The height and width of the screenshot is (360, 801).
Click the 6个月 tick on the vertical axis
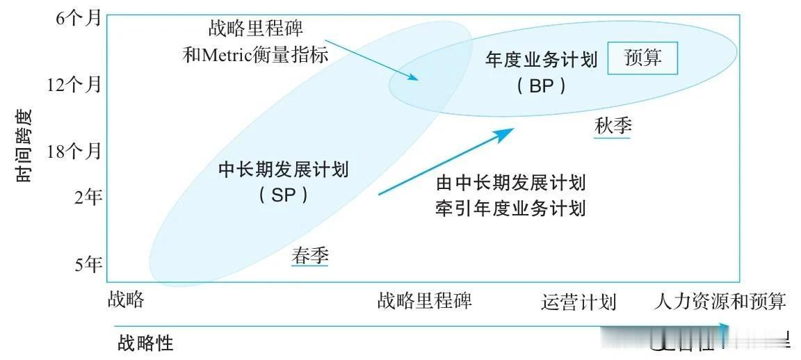pos(78,19)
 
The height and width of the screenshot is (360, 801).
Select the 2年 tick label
pos(88,197)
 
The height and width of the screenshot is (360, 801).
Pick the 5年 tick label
pos(88,264)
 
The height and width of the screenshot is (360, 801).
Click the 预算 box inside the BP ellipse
pos(642,58)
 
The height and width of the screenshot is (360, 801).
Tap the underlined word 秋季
pos(613,126)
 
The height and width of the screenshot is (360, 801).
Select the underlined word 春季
pos(310,256)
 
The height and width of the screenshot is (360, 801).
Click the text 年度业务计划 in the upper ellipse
pos(541,60)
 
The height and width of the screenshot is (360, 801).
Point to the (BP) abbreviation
pos(541,85)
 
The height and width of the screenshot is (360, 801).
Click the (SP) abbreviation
pos(283,195)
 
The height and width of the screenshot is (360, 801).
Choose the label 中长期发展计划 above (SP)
pos(283,170)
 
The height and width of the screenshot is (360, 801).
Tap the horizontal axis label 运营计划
pos(578,302)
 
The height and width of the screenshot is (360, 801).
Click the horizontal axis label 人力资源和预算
pos(720,302)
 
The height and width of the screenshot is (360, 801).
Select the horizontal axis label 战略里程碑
pos(425,301)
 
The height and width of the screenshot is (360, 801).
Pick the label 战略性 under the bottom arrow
pos(145,343)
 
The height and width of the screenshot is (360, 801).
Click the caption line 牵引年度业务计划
pos(510,208)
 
